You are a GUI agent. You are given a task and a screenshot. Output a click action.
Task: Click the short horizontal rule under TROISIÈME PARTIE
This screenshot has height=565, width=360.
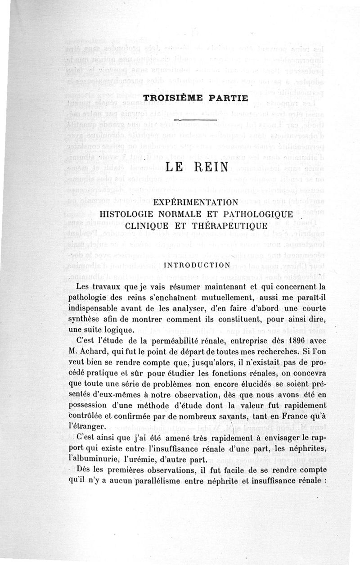[x=197, y=119]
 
